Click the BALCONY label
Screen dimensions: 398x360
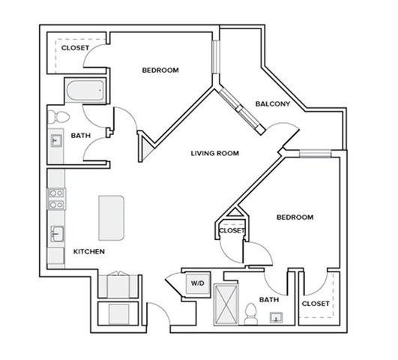273,104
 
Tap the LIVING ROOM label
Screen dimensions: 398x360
215,154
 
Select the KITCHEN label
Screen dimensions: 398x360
89,251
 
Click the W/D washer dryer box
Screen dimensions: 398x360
198,283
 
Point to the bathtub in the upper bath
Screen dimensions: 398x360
85,90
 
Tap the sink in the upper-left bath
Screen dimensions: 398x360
56,140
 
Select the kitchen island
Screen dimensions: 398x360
111,218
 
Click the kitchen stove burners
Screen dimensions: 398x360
56,199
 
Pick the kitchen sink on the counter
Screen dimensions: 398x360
57,234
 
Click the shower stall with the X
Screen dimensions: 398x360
226,304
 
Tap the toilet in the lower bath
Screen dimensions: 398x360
251,313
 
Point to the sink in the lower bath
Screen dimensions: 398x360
276,317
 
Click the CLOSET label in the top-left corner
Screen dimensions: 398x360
75,48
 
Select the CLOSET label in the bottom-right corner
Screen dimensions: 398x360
316,304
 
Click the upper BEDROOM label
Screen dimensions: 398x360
160,70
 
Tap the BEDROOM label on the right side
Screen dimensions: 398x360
295,217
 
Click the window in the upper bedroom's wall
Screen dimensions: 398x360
216,57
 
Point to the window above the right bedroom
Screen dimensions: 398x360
316,154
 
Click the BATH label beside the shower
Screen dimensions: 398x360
269,300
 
